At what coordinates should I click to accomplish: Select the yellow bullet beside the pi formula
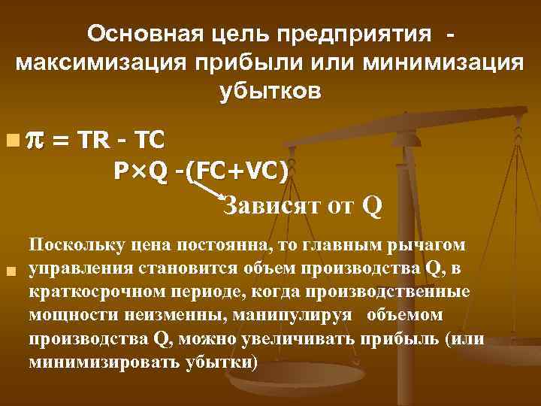click(10, 140)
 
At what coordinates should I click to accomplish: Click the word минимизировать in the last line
click(92, 362)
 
